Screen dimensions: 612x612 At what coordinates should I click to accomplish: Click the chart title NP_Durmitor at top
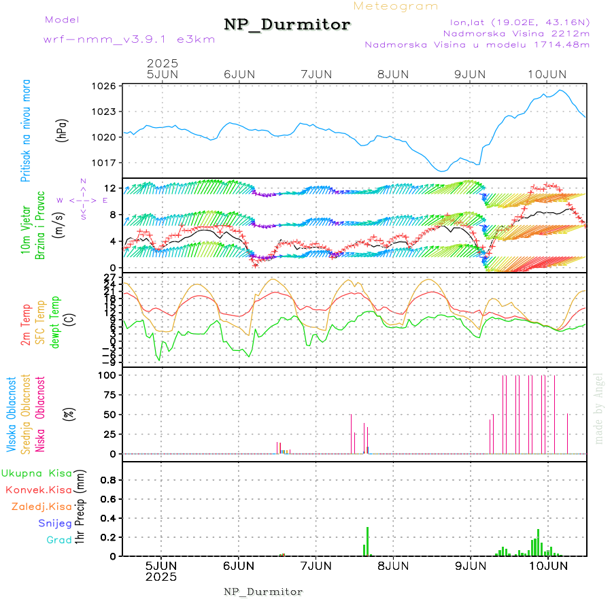click(x=287, y=25)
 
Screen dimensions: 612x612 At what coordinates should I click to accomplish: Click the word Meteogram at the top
click(x=396, y=6)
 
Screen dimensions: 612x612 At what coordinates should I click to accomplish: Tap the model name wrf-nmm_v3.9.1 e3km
click(x=129, y=39)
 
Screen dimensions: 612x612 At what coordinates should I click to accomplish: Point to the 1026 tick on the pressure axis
click(x=105, y=86)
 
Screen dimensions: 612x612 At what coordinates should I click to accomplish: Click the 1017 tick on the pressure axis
click(x=105, y=163)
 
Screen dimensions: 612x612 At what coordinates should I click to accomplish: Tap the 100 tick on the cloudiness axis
click(x=107, y=375)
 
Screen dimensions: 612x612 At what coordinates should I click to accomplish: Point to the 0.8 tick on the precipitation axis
click(x=107, y=479)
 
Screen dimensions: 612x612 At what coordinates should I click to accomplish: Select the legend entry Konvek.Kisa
click(x=38, y=490)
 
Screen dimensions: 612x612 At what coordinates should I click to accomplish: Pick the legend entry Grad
click(x=58, y=541)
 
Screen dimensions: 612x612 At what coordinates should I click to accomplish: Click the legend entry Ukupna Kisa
click(x=37, y=473)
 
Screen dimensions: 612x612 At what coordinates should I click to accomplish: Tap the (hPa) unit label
click(x=62, y=130)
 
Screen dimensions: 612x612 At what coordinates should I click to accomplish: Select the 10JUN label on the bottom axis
click(x=548, y=565)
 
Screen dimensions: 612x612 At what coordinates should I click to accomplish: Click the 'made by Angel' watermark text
click(x=599, y=408)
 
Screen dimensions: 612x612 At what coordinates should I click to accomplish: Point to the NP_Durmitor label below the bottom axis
click(x=263, y=592)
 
